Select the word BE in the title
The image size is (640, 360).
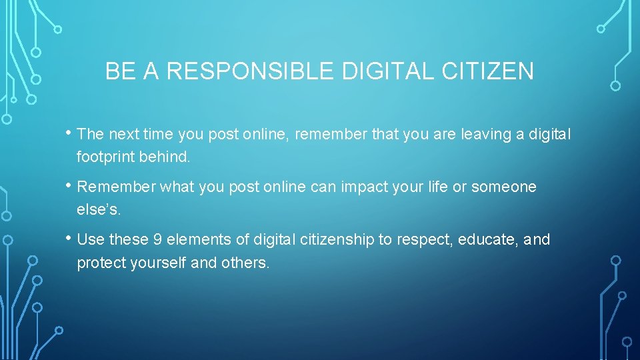click(x=119, y=71)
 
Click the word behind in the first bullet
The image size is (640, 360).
click(x=168, y=158)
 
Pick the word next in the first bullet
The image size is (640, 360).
click(x=121, y=135)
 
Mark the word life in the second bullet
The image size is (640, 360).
click(x=437, y=187)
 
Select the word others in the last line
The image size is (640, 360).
click(x=247, y=263)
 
